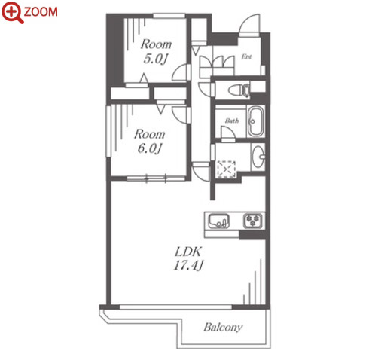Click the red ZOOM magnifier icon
12,12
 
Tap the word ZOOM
41,12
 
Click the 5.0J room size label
155,59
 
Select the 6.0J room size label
149,148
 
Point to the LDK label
188,252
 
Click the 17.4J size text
188,265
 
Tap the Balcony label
223,328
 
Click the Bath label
232,121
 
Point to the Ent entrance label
246,56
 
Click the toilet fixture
239,90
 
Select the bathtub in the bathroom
255,121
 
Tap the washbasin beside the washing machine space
258,157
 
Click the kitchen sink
219,221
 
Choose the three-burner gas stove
254,221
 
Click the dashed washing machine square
226,169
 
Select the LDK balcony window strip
175,307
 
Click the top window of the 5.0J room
169,16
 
